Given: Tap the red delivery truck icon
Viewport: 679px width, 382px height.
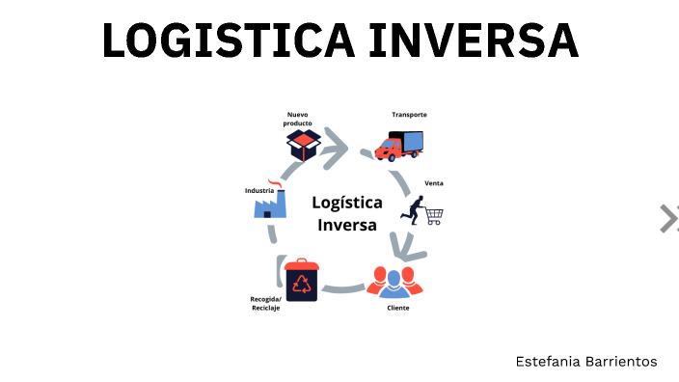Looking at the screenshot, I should [398, 147].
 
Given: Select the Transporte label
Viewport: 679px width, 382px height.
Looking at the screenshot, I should [409, 115].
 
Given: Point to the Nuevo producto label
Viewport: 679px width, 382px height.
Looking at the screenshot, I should [298, 119].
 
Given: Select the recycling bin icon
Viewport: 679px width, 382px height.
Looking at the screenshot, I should [302, 280].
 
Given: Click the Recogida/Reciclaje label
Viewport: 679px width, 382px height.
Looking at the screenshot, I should [265, 304].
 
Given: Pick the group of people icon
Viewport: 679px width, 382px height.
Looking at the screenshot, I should [394, 283].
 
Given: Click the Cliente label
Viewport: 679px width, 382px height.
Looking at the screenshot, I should [398, 307].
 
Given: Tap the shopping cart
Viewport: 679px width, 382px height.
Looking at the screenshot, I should [433, 216].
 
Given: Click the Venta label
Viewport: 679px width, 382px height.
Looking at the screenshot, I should [434, 183].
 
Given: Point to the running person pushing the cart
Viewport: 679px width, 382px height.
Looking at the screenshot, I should [417, 211].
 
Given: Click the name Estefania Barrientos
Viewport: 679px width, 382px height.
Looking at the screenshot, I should [586, 361].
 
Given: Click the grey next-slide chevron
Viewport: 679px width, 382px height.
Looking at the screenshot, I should [668, 219].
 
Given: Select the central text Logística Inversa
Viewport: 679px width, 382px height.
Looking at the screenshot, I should [347, 213].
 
